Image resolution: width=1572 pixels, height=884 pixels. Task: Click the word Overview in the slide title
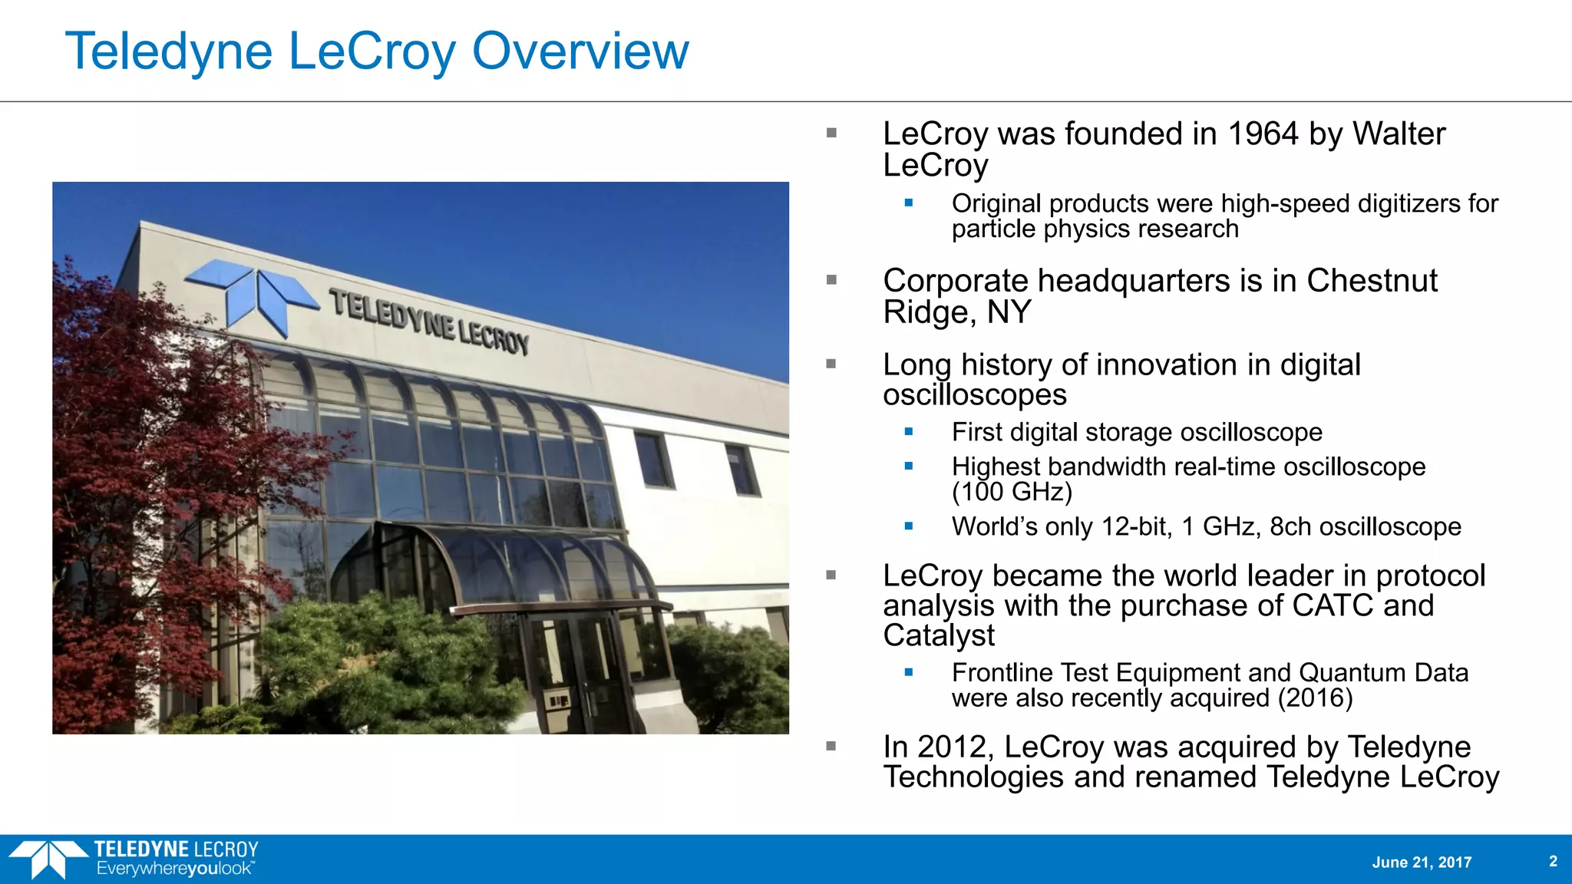(x=580, y=51)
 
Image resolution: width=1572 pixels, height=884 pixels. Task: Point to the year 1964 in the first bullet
(x=1263, y=134)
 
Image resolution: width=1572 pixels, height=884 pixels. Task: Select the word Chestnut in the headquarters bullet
(x=1372, y=281)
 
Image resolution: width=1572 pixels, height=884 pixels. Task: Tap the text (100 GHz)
(x=1012, y=492)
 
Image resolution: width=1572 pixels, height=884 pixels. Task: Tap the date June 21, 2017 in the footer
(x=1422, y=863)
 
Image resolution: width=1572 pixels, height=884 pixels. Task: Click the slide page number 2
(x=1553, y=861)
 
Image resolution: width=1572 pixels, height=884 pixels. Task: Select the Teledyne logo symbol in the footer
(x=48, y=859)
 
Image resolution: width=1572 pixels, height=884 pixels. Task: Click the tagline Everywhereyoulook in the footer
(x=174, y=869)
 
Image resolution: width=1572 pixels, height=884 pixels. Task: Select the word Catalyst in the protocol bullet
(x=938, y=635)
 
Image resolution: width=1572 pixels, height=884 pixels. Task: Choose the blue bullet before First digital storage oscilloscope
(x=909, y=432)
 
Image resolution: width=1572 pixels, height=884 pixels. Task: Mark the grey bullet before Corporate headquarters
(x=831, y=280)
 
